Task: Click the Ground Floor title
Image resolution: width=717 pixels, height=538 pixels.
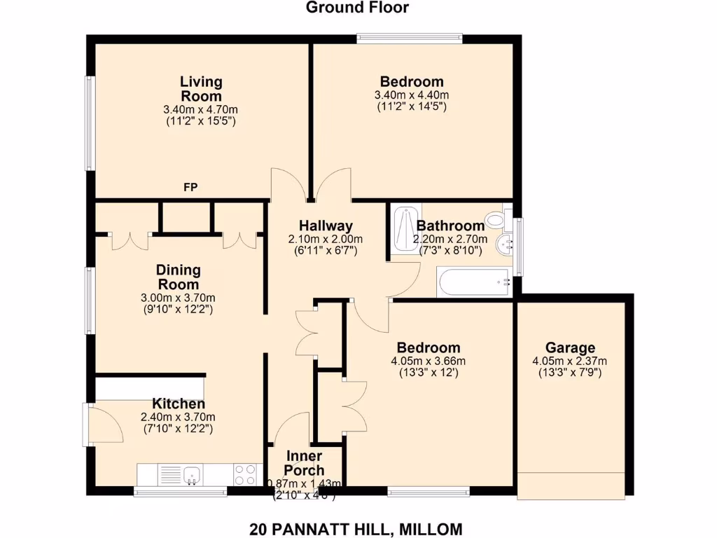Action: pos(357,8)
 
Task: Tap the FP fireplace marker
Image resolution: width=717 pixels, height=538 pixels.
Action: pos(190,188)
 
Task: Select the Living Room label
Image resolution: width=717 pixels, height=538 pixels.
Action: pos(201,89)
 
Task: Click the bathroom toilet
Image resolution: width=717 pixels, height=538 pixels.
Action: pos(496,219)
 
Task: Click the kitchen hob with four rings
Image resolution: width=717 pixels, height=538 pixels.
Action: pos(245,475)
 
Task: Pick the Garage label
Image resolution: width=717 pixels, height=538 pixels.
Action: pos(570,347)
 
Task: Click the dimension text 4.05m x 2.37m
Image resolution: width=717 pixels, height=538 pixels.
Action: pos(570,361)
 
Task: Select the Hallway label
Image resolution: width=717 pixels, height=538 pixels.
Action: pos(325,226)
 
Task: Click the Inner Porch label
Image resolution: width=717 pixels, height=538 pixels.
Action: pos(304,463)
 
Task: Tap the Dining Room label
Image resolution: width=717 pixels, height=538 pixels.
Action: pos(178,277)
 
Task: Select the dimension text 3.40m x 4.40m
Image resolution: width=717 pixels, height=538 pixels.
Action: pos(412,95)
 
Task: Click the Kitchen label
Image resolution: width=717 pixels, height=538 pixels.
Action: pos(179,404)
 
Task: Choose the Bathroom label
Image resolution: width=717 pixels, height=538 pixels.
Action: pos(450,226)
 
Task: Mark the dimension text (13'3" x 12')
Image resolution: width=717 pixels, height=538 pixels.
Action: pos(428,373)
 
